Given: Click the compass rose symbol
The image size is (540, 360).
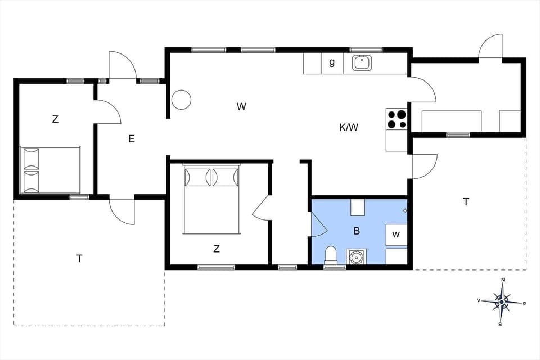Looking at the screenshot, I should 501,302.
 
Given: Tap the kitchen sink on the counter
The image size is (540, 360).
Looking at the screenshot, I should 362,63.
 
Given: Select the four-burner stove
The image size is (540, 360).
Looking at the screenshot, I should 397,119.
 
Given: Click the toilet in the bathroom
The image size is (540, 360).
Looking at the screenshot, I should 331,255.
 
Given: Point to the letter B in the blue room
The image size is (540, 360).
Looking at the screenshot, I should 357,231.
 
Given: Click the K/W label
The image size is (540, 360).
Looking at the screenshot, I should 349,127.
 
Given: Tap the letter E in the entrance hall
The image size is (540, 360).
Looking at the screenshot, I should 132,139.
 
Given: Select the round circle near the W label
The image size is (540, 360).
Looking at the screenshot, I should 181,100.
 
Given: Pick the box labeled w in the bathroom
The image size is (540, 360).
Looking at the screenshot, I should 396,235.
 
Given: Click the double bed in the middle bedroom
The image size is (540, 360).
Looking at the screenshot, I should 211,199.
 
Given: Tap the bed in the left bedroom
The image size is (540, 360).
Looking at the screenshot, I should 50,170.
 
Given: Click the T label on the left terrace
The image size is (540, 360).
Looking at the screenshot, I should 79,258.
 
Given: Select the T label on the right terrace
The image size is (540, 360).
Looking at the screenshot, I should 466,201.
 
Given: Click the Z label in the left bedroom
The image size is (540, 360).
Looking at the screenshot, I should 55,119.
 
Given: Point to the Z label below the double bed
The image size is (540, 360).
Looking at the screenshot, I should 217,249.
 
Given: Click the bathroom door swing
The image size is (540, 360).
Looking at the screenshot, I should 318,225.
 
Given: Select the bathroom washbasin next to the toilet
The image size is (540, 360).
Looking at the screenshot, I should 355,257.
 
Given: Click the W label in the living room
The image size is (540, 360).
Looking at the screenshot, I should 241,106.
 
